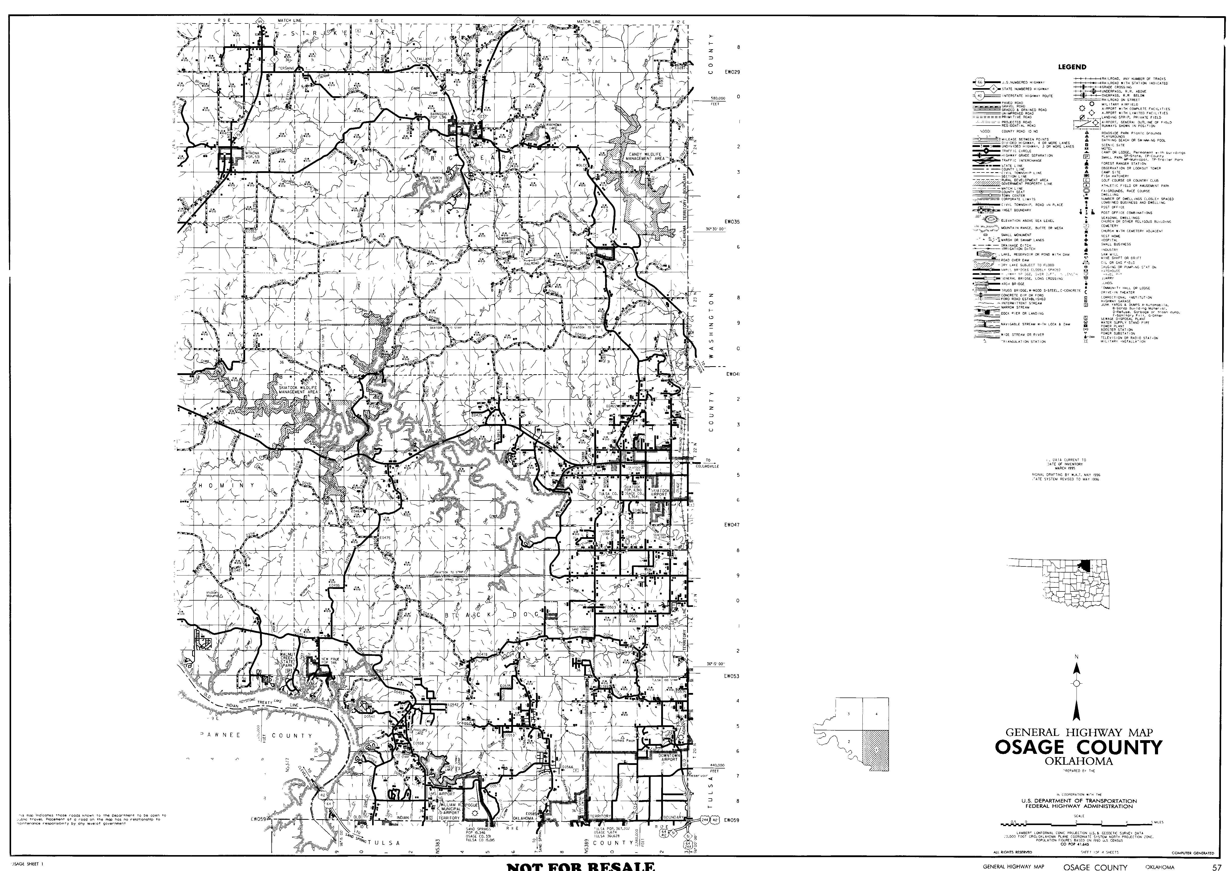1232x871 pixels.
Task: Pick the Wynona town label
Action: coord(252,155)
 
